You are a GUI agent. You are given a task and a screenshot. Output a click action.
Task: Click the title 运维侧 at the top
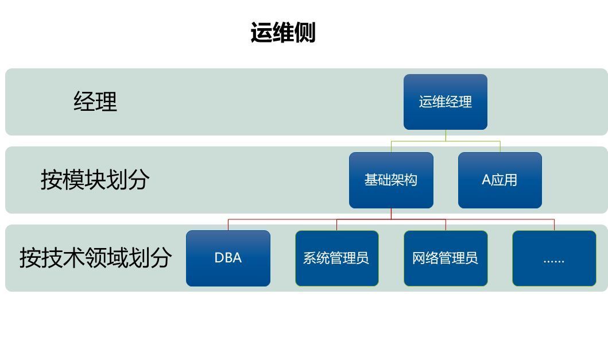click(x=283, y=33)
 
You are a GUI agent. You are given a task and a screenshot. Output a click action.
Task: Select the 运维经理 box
click(x=445, y=102)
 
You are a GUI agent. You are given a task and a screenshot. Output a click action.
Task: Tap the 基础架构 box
click(x=391, y=180)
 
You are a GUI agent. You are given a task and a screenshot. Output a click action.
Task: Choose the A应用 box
click(x=499, y=180)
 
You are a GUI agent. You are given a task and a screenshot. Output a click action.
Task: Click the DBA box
click(x=228, y=258)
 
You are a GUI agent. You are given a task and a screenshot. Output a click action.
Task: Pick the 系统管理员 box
click(x=336, y=258)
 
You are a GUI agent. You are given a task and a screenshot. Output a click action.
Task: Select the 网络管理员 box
click(x=445, y=258)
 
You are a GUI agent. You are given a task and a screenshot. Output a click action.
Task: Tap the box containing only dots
click(x=554, y=258)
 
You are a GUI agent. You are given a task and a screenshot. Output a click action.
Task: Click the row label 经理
click(x=95, y=102)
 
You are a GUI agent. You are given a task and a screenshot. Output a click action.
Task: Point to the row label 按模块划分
click(x=95, y=180)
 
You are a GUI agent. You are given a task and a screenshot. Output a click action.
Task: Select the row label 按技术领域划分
click(x=95, y=258)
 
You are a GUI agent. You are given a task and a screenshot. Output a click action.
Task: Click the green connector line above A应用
click(x=500, y=146)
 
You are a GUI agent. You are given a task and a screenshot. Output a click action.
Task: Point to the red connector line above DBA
click(x=228, y=224)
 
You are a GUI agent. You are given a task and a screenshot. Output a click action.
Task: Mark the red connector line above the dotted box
click(x=554, y=224)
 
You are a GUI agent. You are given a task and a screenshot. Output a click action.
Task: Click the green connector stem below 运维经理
click(x=446, y=136)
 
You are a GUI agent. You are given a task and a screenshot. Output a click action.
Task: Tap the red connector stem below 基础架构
click(x=391, y=214)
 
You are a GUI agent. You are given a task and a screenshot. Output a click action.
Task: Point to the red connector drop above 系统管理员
click(x=337, y=224)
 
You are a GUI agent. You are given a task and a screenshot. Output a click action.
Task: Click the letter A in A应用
click(x=486, y=180)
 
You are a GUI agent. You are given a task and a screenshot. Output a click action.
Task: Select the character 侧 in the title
click(x=305, y=33)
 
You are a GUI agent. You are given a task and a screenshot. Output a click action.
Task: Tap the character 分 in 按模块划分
click(x=138, y=180)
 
